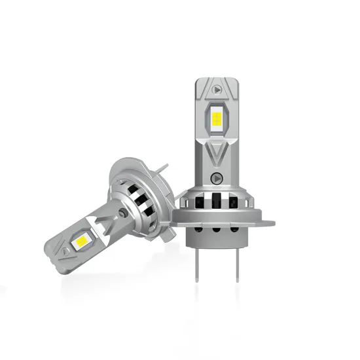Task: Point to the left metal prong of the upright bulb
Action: pyautogui.click(x=200, y=260)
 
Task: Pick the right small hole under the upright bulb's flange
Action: pyautogui.click(x=228, y=228)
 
